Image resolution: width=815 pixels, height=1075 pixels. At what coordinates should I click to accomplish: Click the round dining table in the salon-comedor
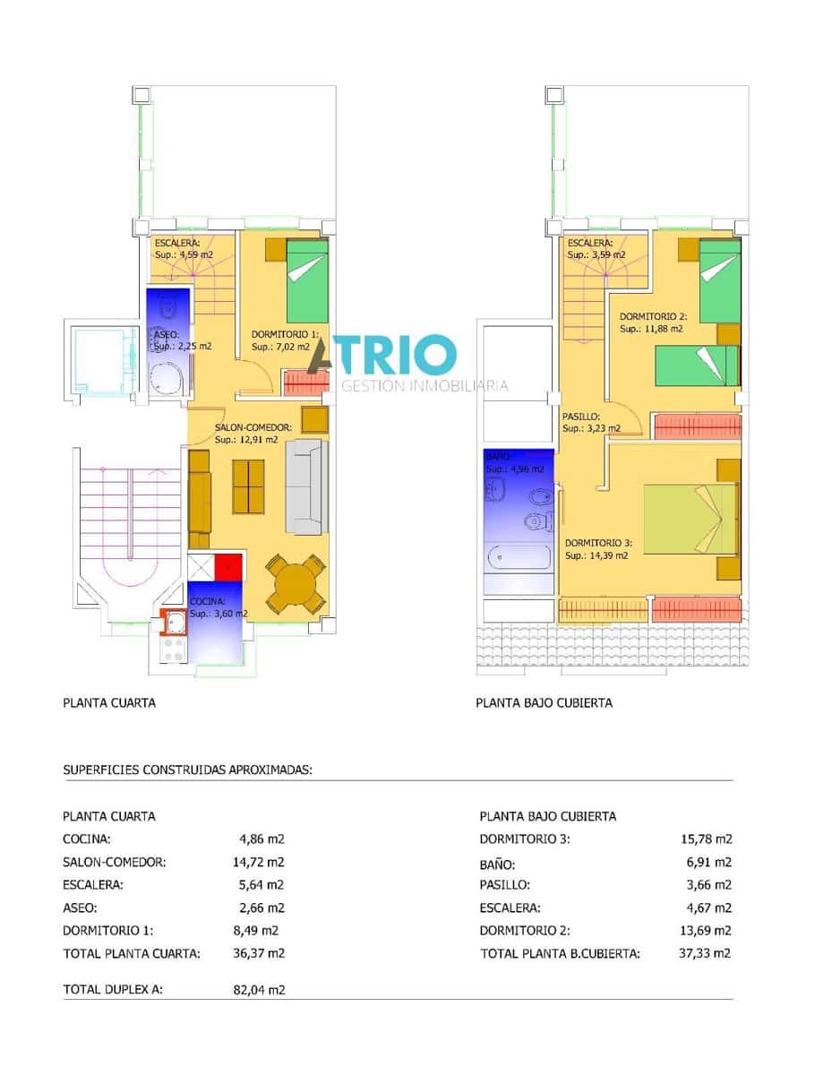(293, 584)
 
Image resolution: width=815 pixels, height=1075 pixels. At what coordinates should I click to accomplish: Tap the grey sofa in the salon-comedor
(306, 486)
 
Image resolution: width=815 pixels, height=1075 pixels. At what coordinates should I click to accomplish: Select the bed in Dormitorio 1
(307, 273)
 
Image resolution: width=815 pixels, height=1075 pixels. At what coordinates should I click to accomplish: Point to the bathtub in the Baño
(519, 559)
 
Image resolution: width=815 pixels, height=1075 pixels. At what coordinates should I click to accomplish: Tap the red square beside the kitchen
(229, 567)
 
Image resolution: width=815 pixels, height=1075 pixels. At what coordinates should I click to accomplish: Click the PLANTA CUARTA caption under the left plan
(109, 702)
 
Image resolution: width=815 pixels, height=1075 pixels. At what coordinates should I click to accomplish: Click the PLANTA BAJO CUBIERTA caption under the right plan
(544, 702)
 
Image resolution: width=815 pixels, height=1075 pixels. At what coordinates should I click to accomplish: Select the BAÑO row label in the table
(497, 865)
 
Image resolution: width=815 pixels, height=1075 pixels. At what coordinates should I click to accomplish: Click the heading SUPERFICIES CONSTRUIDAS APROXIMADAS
(187, 769)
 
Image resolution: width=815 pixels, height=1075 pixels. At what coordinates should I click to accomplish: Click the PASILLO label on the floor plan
(581, 416)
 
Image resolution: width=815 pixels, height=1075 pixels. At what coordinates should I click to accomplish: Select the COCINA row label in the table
(87, 839)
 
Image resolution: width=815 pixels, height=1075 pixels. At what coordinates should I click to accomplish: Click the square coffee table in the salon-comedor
(248, 486)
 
